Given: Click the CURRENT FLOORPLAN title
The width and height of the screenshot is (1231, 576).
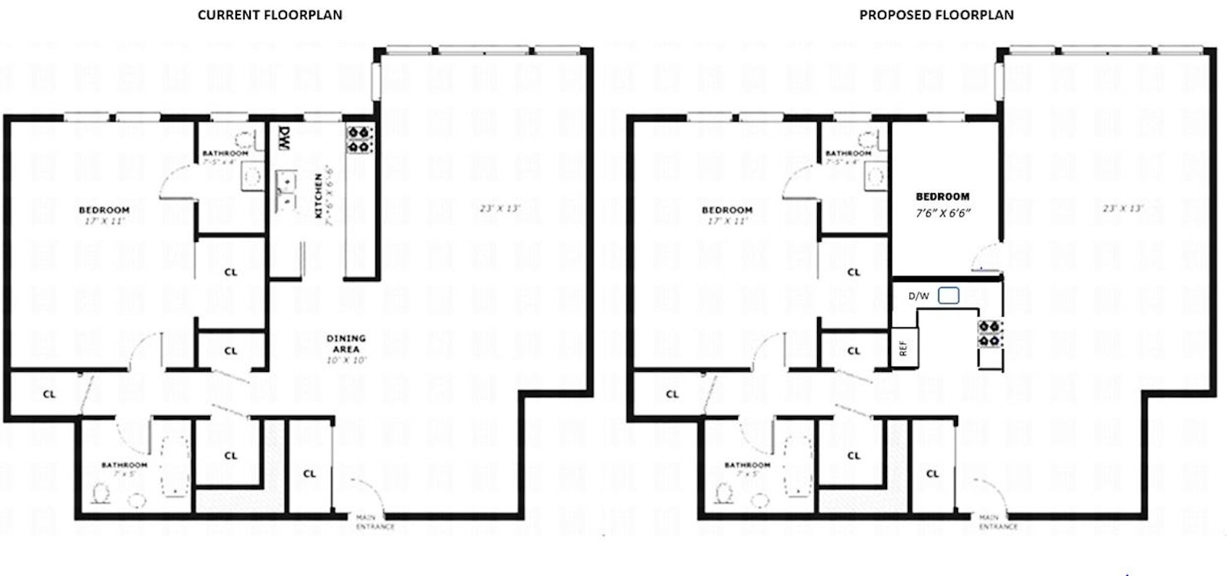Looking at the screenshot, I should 270,15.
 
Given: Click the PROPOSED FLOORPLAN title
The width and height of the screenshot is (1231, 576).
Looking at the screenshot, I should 936,15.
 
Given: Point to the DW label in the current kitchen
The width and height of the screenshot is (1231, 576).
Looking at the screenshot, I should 283,139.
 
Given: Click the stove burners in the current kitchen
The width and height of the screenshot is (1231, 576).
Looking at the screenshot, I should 359,139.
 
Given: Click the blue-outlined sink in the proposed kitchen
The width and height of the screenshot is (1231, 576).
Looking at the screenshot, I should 949,296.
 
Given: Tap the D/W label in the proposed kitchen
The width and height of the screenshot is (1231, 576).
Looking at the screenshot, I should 919,296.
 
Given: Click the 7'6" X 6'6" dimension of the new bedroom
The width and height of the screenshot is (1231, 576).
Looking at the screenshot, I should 942,212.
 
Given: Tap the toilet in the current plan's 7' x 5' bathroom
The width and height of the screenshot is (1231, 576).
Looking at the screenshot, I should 100,491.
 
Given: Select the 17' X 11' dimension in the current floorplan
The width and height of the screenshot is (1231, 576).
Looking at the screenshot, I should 104,221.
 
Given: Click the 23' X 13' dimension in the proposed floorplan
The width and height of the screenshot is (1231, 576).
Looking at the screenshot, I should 1123,208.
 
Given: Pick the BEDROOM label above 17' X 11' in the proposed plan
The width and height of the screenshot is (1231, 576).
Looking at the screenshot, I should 727,209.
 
